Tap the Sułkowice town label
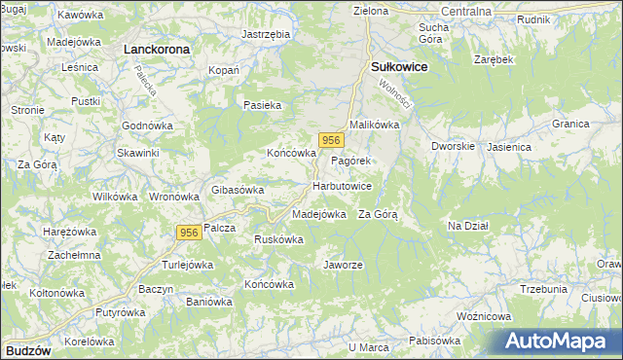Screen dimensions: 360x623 tap(399, 66)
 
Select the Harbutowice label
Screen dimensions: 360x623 tap(342, 185)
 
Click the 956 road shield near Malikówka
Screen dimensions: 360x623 tap(331, 140)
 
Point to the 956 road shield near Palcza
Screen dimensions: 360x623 tap(190, 233)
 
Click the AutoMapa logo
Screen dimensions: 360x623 tap(560, 342)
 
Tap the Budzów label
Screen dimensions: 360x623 tap(26, 348)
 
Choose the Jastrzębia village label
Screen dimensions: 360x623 tap(266, 33)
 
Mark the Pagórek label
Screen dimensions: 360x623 tap(349, 160)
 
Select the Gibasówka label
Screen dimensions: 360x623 tap(238, 190)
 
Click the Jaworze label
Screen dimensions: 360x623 tap(343, 265)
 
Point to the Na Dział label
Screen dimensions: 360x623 tap(467, 226)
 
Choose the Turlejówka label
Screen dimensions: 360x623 tap(187, 265)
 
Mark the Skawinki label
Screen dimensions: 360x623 tap(137, 153)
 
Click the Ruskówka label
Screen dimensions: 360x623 tap(280, 239)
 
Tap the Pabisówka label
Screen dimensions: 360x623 tap(434, 341)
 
